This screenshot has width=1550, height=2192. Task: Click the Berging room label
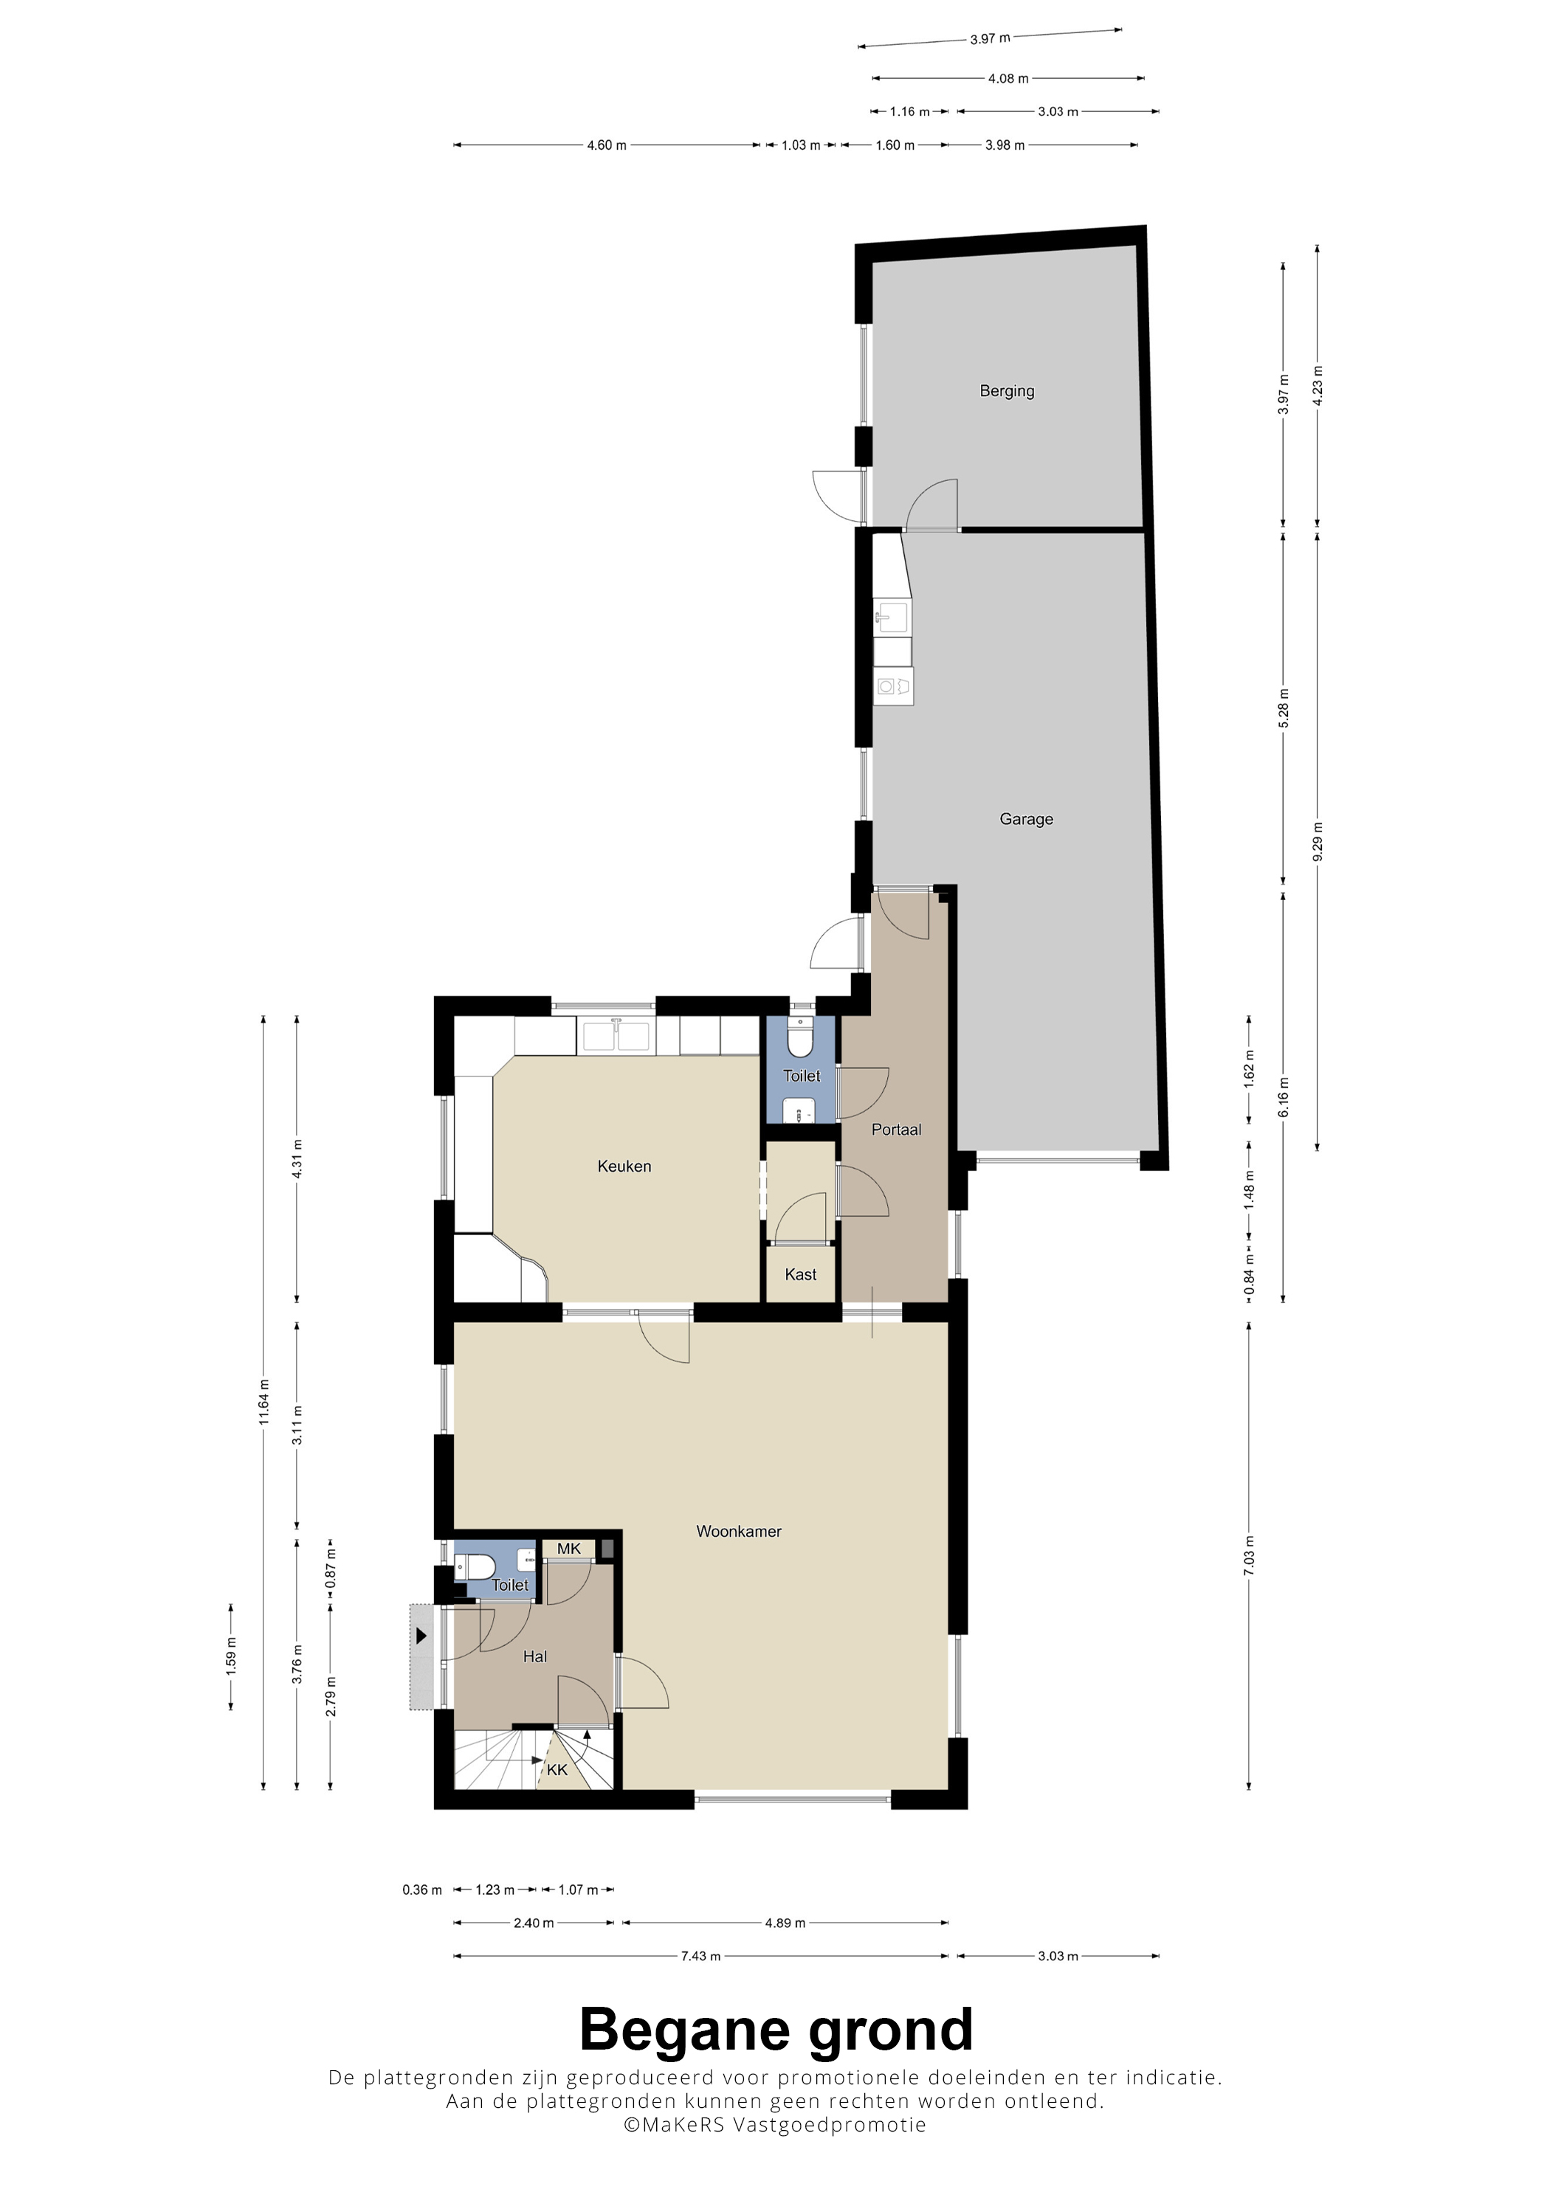pyautogui.click(x=1007, y=392)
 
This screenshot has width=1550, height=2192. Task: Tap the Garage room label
pyautogui.click(x=1026, y=819)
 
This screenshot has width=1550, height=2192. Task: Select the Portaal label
pyautogui.click(x=896, y=1130)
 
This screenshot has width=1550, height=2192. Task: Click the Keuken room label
pyautogui.click(x=624, y=1166)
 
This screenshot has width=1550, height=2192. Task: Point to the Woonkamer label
pyautogui.click(x=738, y=1532)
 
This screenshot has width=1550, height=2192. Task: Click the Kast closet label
pyautogui.click(x=800, y=1274)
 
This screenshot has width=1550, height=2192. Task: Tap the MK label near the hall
pyautogui.click(x=568, y=1549)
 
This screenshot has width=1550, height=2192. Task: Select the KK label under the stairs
pyautogui.click(x=557, y=1770)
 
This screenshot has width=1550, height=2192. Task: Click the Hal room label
pyautogui.click(x=535, y=1656)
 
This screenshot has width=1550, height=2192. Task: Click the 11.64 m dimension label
pyautogui.click(x=263, y=1403)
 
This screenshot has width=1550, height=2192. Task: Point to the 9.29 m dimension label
pyautogui.click(x=1318, y=842)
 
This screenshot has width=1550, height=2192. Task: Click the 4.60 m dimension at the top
pyautogui.click(x=607, y=145)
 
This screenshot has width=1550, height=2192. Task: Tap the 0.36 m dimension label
pyautogui.click(x=422, y=1890)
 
